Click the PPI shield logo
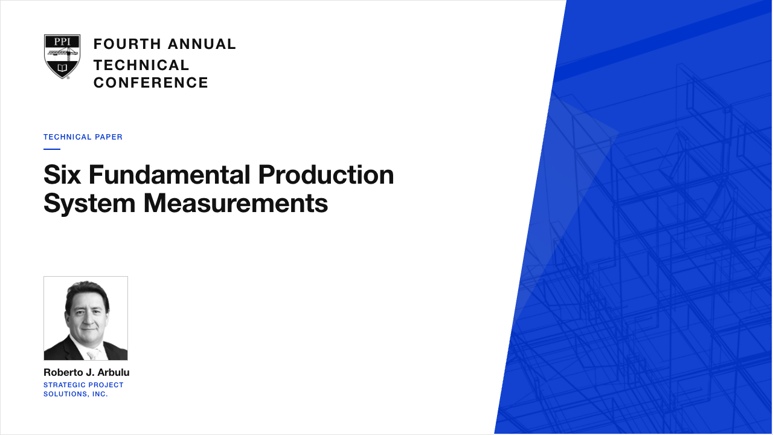[x=62, y=57]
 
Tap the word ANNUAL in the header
[x=202, y=44]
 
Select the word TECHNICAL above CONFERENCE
[x=141, y=65]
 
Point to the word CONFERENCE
[x=151, y=83]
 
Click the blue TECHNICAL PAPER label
[x=83, y=137]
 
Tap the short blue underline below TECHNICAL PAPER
[x=52, y=149]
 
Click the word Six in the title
[x=62, y=175]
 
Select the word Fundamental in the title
[x=170, y=175]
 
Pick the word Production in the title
[x=326, y=175]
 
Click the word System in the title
[x=89, y=204]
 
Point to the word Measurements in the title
[x=236, y=203]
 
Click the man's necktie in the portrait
[x=92, y=355]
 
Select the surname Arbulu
[x=114, y=373]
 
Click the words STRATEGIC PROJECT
[x=83, y=385]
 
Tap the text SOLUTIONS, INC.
[x=75, y=395]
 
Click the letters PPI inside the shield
[x=62, y=42]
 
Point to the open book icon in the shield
[x=62, y=67]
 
